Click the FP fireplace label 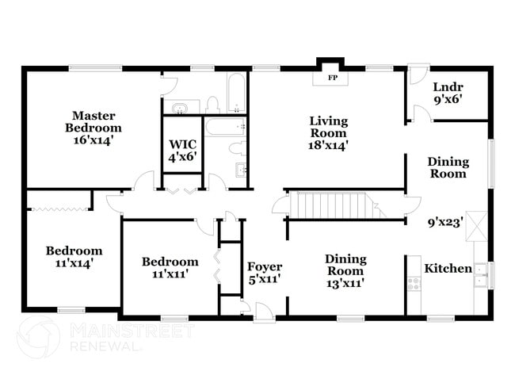331,78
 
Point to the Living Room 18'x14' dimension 328,145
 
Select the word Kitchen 448,268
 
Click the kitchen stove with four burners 414,283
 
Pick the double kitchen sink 480,274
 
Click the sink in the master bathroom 180,107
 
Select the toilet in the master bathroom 212,105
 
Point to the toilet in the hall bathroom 238,147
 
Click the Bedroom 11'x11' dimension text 170,274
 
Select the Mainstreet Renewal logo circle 38,336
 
